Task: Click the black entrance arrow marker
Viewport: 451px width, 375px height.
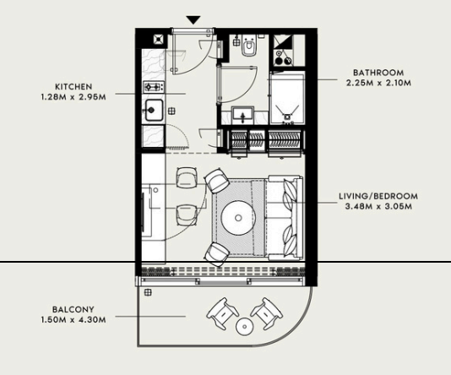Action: click(193, 19)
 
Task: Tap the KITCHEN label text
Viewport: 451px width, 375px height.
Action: click(73, 86)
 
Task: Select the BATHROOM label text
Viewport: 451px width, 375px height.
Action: click(378, 73)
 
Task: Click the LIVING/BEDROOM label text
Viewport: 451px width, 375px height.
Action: click(378, 197)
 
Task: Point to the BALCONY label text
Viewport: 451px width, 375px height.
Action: click(73, 309)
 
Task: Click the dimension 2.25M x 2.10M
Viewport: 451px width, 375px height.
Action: click(378, 83)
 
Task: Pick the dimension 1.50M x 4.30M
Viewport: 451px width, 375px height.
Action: click(73, 320)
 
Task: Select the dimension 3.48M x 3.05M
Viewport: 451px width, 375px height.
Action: click(378, 206)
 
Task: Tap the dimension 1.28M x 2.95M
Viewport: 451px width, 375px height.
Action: click(73, 97)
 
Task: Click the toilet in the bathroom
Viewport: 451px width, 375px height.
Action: click(248, 45)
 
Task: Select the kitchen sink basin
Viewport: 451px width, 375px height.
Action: click(154, 110)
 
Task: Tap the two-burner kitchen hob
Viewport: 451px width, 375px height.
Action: click(154, 86)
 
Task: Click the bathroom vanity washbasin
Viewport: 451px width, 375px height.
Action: click(243, 115)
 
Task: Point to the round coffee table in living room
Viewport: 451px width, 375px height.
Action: click(238, 218)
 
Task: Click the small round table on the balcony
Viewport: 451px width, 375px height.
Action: click(244, 326)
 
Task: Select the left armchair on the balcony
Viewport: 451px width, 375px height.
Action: click(222, 313)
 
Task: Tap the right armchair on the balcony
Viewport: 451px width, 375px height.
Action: click(267, 313)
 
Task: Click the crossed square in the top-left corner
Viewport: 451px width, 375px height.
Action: click(159, 40)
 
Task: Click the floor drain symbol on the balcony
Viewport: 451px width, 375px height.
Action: click(148, 293)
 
